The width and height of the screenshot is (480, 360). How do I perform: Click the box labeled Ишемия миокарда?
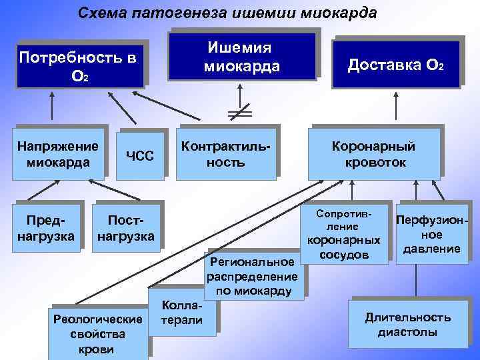[243, 57]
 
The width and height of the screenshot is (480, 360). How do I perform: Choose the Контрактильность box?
[226, 153]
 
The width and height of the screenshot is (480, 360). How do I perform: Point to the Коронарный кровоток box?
[375, 154]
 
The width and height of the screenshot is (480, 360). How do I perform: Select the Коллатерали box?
[181, 313]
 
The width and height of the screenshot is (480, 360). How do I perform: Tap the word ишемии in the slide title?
[261, 13]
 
